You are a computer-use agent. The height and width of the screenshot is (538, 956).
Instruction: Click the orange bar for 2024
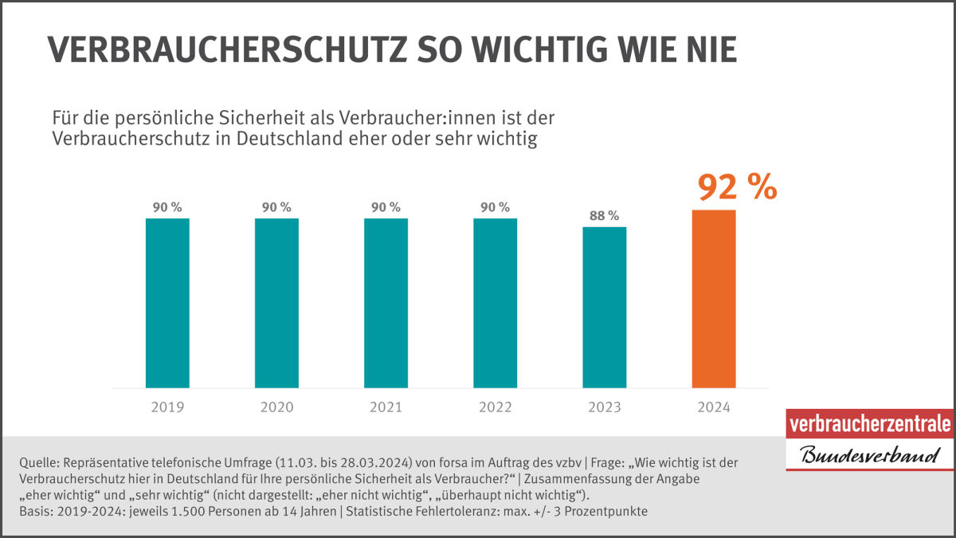point(714,299)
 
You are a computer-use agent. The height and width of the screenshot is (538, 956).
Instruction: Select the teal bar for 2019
point(167,303)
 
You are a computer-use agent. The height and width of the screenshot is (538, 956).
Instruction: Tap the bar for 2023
point(605,308)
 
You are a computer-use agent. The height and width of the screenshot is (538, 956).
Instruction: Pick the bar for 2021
point(386,303)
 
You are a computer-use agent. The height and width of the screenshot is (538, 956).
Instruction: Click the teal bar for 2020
point(276,303)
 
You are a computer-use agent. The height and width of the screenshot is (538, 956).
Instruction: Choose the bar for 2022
point(495,303)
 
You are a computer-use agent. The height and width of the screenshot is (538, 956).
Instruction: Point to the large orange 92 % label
point(737,188)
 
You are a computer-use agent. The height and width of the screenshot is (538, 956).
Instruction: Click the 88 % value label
point(604,215)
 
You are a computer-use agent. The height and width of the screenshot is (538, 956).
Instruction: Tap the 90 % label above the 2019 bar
point(167,206)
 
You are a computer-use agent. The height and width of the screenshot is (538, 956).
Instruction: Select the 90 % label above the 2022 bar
point(495,206)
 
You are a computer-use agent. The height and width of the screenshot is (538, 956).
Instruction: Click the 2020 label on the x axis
point(276,407)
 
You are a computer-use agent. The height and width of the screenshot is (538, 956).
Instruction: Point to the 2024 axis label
point(714,407)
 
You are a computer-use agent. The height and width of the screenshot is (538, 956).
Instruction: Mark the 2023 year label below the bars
point(605,407)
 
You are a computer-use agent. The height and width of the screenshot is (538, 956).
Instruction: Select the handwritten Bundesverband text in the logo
point(869,457)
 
